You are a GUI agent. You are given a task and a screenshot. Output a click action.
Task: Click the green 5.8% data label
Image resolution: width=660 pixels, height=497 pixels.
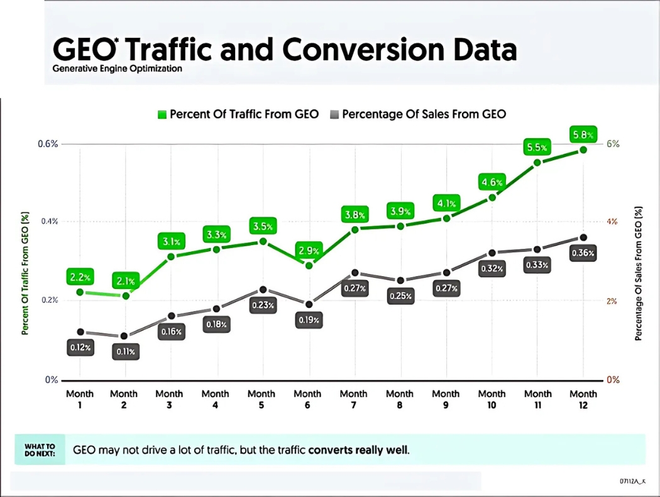582,134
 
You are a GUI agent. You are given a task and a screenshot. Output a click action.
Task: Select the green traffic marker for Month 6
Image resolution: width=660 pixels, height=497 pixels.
309,265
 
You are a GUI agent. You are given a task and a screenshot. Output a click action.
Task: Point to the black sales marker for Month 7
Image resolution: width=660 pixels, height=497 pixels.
355,273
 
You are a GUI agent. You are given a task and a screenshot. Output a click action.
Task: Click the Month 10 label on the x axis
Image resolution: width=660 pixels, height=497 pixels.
492,399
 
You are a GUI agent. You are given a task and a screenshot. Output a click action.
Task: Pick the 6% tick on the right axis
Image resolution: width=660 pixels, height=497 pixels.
613,143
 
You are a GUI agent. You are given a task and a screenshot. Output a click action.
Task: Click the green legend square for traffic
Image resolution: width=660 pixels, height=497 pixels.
162,114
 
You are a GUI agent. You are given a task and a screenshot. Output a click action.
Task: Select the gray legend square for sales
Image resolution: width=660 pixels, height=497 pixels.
334,114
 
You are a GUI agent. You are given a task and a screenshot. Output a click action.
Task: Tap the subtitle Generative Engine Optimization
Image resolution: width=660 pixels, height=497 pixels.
118,68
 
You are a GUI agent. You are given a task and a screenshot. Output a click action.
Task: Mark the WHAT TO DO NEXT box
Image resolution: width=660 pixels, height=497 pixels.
40,450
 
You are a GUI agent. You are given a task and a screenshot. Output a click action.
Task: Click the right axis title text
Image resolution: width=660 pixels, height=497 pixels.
639,273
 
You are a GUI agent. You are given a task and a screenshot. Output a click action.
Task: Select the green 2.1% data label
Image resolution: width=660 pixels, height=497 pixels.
126,281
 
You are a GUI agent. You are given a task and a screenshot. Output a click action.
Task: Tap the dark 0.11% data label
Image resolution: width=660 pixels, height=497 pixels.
124,352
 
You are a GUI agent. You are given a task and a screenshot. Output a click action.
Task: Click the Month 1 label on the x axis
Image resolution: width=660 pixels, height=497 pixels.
80,399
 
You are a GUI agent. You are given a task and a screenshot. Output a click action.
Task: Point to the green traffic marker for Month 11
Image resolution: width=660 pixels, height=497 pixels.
537,162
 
